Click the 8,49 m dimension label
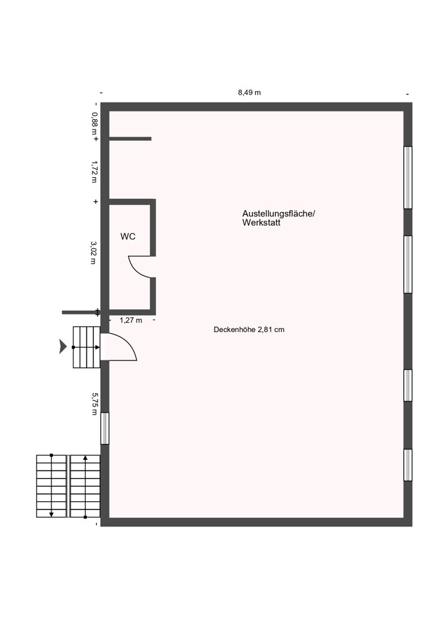click(x=249, y=92)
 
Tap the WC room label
click(x=128, y=237)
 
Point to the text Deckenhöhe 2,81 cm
click(x=249, y=329)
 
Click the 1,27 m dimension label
click(x=131, y=320)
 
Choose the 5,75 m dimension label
click(x=95, y=404)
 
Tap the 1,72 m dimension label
click(x=94, y=171)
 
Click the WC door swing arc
click(x=140, y=267)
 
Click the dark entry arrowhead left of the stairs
click(x=63, y=346)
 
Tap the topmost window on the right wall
click(x=407, y=177)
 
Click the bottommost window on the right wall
click(x=407, y=465)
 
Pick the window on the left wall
click(x=104, y=428)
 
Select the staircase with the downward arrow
click(x=51, y=486)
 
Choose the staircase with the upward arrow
click(x=85, y=486)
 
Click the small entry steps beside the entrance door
click(x=86, y=347)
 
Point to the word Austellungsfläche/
click(x=279, y=214)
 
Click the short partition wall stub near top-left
click(x=130, y=138)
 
